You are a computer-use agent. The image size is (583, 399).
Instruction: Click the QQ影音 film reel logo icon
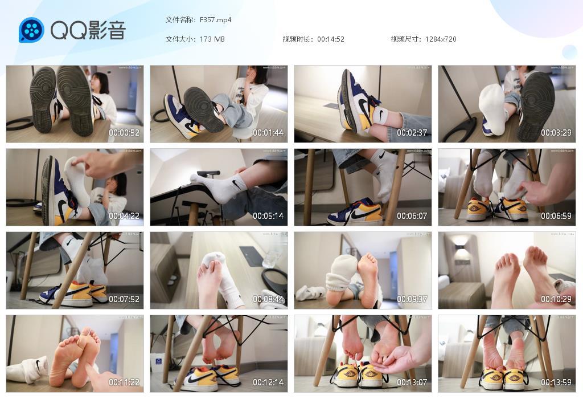coord(31,30)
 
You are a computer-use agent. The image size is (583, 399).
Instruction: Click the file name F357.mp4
coord(215,20)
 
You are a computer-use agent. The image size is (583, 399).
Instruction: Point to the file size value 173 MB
coord(212,39)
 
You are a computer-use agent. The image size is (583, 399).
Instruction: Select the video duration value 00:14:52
coord(331,39)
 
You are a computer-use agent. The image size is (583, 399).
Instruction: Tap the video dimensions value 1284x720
coord(441,39)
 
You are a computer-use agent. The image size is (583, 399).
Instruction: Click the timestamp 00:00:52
coord(124,133)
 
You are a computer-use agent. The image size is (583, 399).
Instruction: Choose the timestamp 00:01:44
coord(268,133)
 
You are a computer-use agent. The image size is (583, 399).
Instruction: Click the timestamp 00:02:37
coord(412,133)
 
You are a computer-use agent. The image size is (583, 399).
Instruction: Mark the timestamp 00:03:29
coord(556,133)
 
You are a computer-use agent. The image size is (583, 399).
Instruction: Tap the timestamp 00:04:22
coord(124,216)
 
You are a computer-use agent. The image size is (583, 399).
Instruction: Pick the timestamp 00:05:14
coord(268,216)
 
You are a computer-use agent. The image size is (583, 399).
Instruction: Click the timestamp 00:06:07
coord(412,216)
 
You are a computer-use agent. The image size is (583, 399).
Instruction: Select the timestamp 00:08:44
coord(268,299)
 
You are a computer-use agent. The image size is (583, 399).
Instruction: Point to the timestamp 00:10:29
coord(556,299)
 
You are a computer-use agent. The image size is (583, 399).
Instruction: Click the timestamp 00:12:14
coord(268,382)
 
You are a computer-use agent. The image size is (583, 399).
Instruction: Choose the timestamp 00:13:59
coord(556,382)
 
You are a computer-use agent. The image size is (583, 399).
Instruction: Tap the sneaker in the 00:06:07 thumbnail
coord(355,211)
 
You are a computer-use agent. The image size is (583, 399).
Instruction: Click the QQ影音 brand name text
coord(88,30)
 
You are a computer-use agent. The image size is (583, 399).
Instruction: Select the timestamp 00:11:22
coord(124,382)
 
